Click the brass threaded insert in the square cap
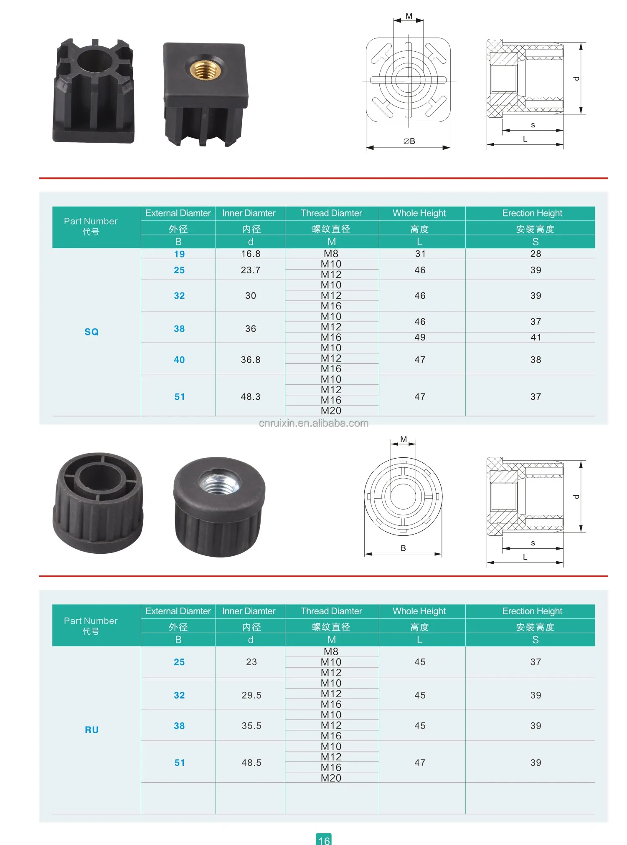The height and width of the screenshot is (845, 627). (x=205, y=69)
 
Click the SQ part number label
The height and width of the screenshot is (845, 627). (x=91, y=332)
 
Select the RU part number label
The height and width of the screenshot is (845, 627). (x=91, y=730)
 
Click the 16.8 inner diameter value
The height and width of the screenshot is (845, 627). (x=251, y=254)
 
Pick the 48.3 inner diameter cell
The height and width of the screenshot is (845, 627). (x=251, y=397)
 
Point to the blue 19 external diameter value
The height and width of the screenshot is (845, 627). (x=179, y=254)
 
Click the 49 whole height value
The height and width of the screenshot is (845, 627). (x=420, y=337)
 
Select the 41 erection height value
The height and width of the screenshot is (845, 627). (x=536, y=337)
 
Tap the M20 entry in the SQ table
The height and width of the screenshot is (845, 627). (x=331, y=411)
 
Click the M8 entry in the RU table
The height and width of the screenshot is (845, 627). (x=331, y=651)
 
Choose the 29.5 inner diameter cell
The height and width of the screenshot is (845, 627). (x=251, y=695)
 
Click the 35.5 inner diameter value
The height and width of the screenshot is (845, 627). (x=251, y=726)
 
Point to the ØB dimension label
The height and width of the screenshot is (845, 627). (x=409, y=141)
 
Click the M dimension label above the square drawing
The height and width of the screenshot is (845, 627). (x=409, y=16)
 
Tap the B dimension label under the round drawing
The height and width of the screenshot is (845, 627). (x=403, y=548)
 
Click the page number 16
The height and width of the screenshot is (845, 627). (x=324, y=840)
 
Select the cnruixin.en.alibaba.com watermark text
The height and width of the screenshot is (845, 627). (x=313, y=423)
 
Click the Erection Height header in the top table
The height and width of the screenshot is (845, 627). (x=532, y=213)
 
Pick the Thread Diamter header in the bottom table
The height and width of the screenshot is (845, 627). (x=331, y=611)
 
